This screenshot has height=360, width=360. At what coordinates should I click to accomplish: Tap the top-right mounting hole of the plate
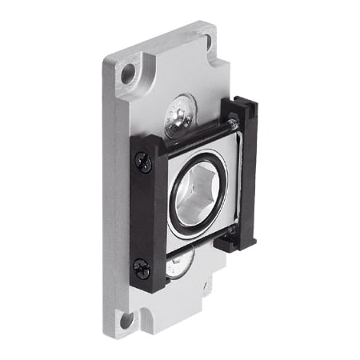tap(206, 40)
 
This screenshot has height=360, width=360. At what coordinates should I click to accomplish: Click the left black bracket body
tap(149, 216)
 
